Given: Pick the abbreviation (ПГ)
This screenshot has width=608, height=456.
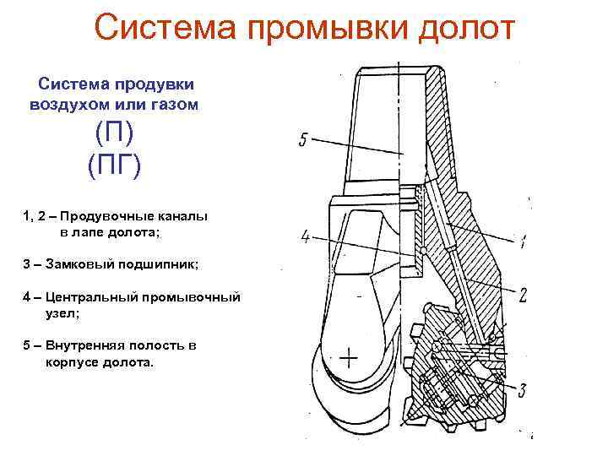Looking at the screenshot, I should point(115,162).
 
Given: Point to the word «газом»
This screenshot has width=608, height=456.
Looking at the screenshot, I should point(172,105).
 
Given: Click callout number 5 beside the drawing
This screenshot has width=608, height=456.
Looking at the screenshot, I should point(303,140).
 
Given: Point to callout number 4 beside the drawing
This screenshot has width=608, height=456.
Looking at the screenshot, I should point(306,236).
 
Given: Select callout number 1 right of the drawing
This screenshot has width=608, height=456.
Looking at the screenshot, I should point(524,243).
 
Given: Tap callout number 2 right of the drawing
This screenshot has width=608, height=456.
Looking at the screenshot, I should point(523,295).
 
